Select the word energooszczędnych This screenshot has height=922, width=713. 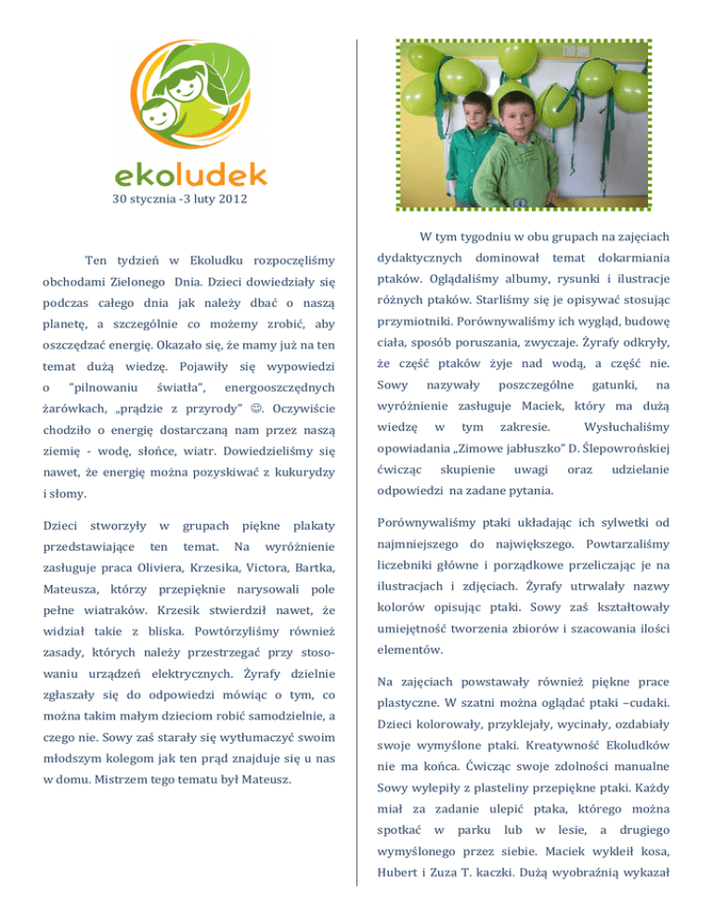(279, 380)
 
